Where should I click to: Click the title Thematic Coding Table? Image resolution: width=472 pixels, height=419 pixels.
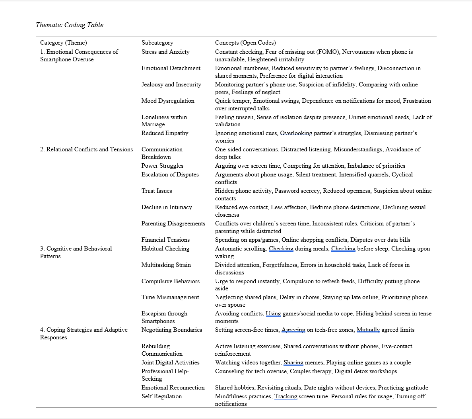click(x=70, y=25)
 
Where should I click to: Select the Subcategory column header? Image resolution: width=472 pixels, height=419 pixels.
click(x=157, y=43)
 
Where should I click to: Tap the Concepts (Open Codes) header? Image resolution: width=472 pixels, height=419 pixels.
click(x=245, y=43)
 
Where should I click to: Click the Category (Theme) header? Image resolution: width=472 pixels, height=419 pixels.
click(x=64, y=43)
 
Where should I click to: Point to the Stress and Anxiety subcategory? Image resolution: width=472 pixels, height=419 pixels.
click(x=165, y=52)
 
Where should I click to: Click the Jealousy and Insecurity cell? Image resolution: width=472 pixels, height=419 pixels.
click(x=171, y=84)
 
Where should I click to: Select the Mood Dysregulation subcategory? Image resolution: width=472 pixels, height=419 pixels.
click(x=168, y=101)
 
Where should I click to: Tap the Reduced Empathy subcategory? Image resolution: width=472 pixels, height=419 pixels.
click(x=165, y=133)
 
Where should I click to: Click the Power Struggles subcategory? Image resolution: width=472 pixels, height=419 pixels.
click(x=162, y=166)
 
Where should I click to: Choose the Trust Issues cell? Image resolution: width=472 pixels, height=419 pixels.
click(x=157, y=191)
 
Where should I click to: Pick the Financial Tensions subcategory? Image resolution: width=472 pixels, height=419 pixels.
click(x=165, y=240)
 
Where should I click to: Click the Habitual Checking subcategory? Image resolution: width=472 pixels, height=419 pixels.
click(x=165, y=249)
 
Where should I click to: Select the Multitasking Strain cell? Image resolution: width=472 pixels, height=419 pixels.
click(x=166, y=265)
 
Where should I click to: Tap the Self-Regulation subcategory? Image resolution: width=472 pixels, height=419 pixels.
click(x=162, y=396)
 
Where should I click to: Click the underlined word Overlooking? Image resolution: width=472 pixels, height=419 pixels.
click(x=296, y=133)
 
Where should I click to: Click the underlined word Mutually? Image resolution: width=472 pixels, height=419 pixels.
click(x=368, y=330)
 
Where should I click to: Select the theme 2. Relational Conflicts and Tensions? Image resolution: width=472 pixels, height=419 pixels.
click(x=87, y=149)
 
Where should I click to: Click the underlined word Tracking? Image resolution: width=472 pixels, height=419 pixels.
click(x=286, y=396)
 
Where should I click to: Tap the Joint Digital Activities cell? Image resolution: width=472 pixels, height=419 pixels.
click(x=171, y=362)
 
